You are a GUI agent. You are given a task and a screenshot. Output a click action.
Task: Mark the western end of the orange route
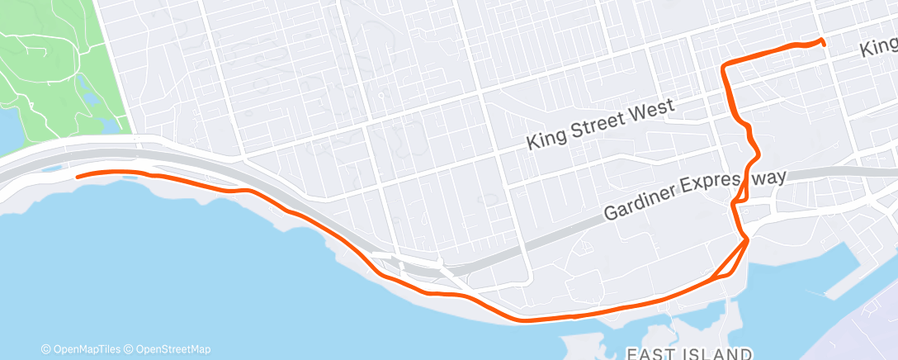[77, 176]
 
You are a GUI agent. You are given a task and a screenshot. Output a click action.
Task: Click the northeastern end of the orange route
[823, 43]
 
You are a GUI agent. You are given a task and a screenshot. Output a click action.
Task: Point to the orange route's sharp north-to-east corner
[724, 67]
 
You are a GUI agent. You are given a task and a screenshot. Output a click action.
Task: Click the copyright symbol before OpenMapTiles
[46, 349]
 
